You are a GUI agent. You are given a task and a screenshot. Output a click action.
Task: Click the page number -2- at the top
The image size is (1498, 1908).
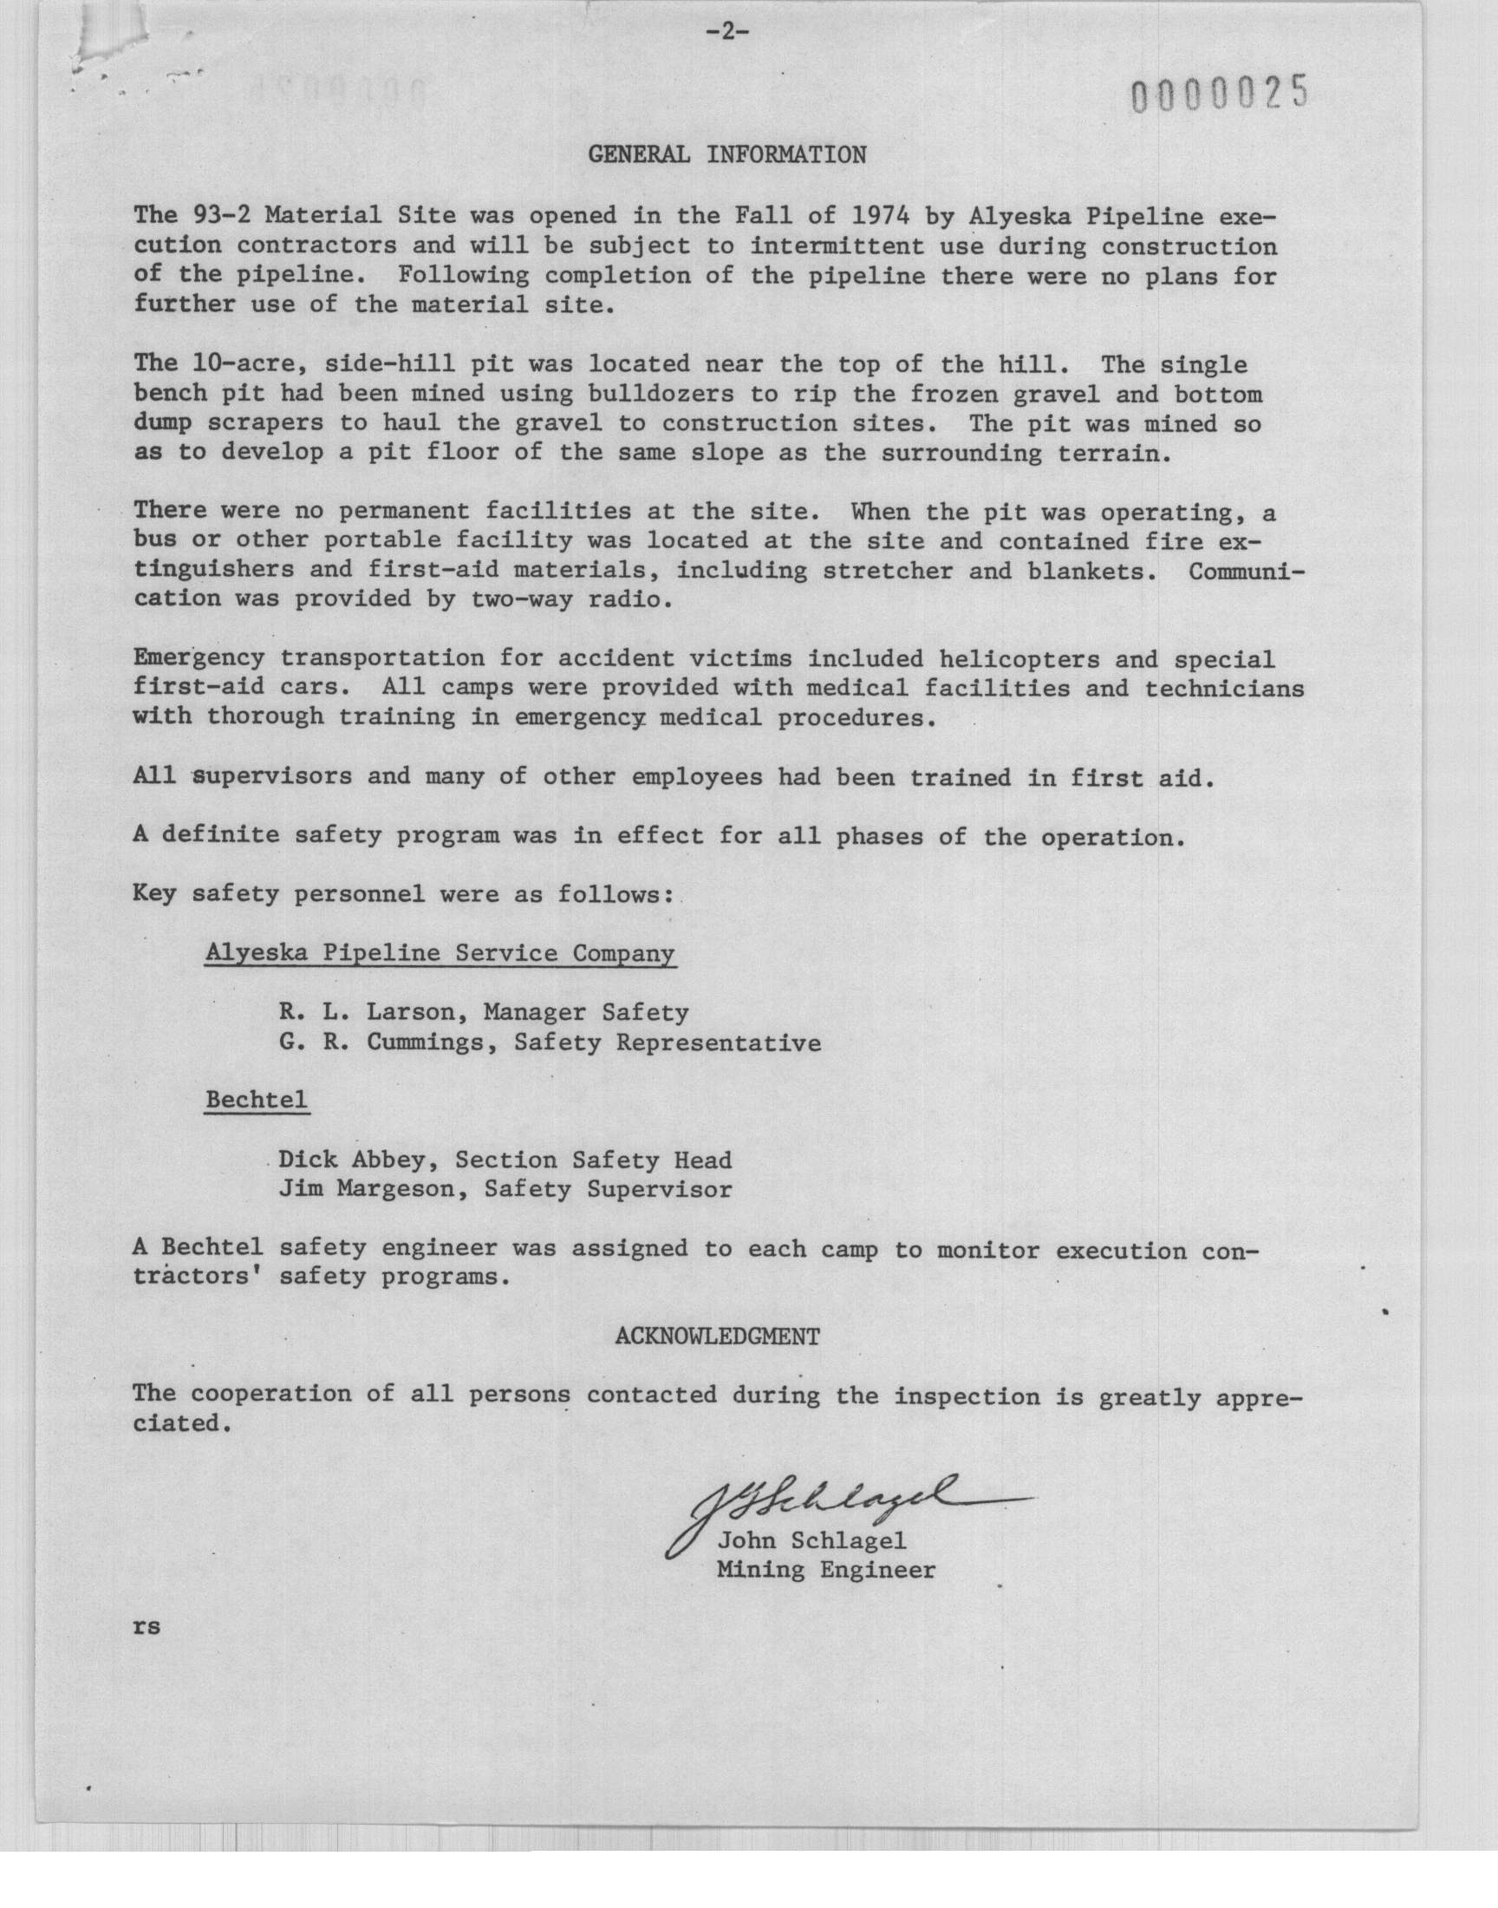click(x=726, y=32)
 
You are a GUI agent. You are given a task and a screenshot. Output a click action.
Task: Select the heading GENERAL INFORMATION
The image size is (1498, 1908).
click(x=726, y=155)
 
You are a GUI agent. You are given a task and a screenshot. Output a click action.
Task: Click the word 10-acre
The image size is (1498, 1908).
click(x=243, y=364)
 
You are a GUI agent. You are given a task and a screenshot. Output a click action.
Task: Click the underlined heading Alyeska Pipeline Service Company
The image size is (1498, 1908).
click(x=440, y=953)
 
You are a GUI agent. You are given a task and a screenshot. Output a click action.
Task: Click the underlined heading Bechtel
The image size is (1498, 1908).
click(x=256, y=1100)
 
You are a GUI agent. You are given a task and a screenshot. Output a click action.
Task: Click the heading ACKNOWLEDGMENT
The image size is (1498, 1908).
click(x=718, y=1336)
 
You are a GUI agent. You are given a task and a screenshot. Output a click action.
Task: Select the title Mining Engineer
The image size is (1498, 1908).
click(x=825, y=1570)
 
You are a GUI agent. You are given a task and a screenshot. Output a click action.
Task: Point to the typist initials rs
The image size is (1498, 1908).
click(x=147, y=1625)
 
